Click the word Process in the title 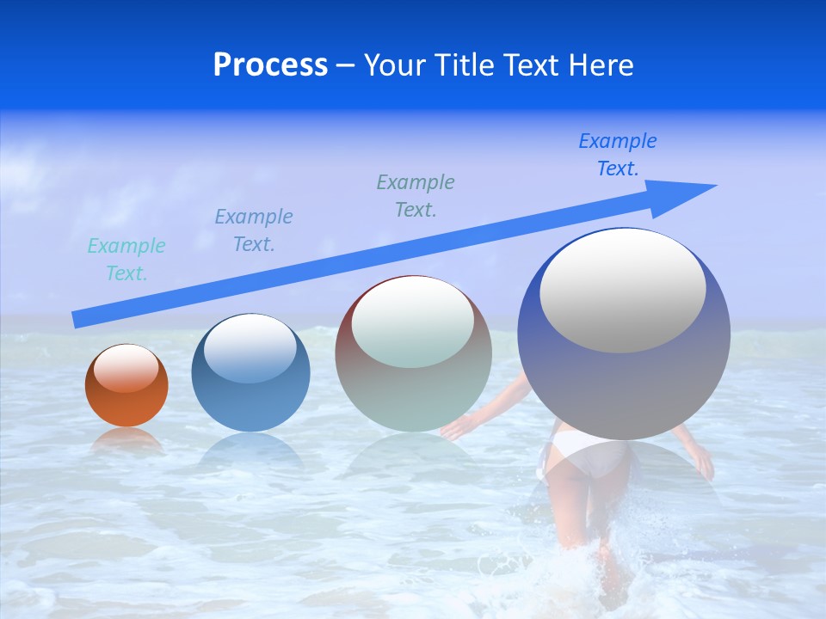click(270, 65)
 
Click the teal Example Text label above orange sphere click(126, 260)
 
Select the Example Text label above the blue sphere click(254, 230)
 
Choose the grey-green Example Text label click(416, 196)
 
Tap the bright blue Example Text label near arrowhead click(618, 155)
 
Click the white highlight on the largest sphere click(623, 291)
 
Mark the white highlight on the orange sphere click(126, 368)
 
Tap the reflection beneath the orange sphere click(126, 440)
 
